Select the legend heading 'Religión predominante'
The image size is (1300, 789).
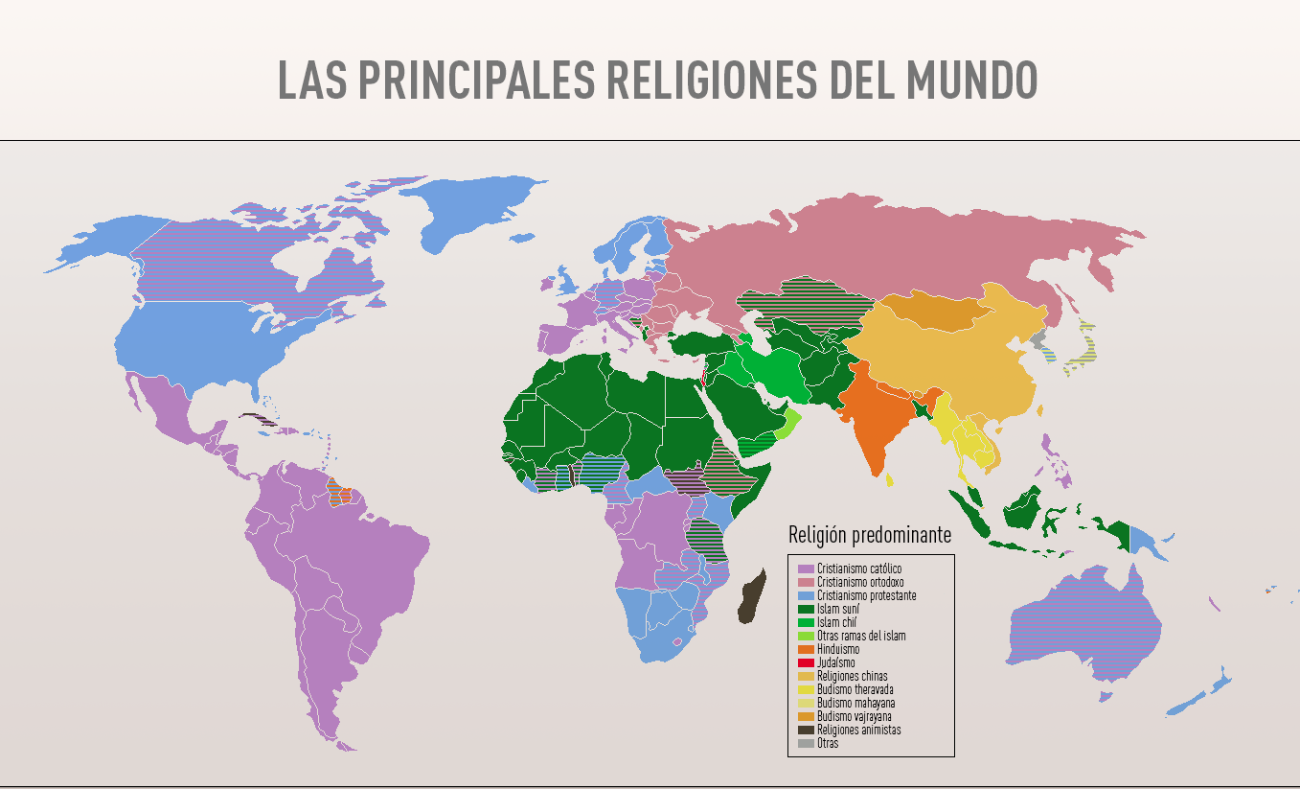point(870,535)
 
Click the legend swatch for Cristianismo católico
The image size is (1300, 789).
point(806,569)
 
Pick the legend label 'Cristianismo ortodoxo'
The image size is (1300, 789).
point(860,582)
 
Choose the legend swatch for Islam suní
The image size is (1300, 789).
point(806,609)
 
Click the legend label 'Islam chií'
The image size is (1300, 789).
point(837,622)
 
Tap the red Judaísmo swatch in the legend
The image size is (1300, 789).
point(806,662)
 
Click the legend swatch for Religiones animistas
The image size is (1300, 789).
point(806,730)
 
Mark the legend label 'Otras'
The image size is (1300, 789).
point(828,743)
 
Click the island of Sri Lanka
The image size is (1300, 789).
point(890,479)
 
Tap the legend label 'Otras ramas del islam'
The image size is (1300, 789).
point(861,636)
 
